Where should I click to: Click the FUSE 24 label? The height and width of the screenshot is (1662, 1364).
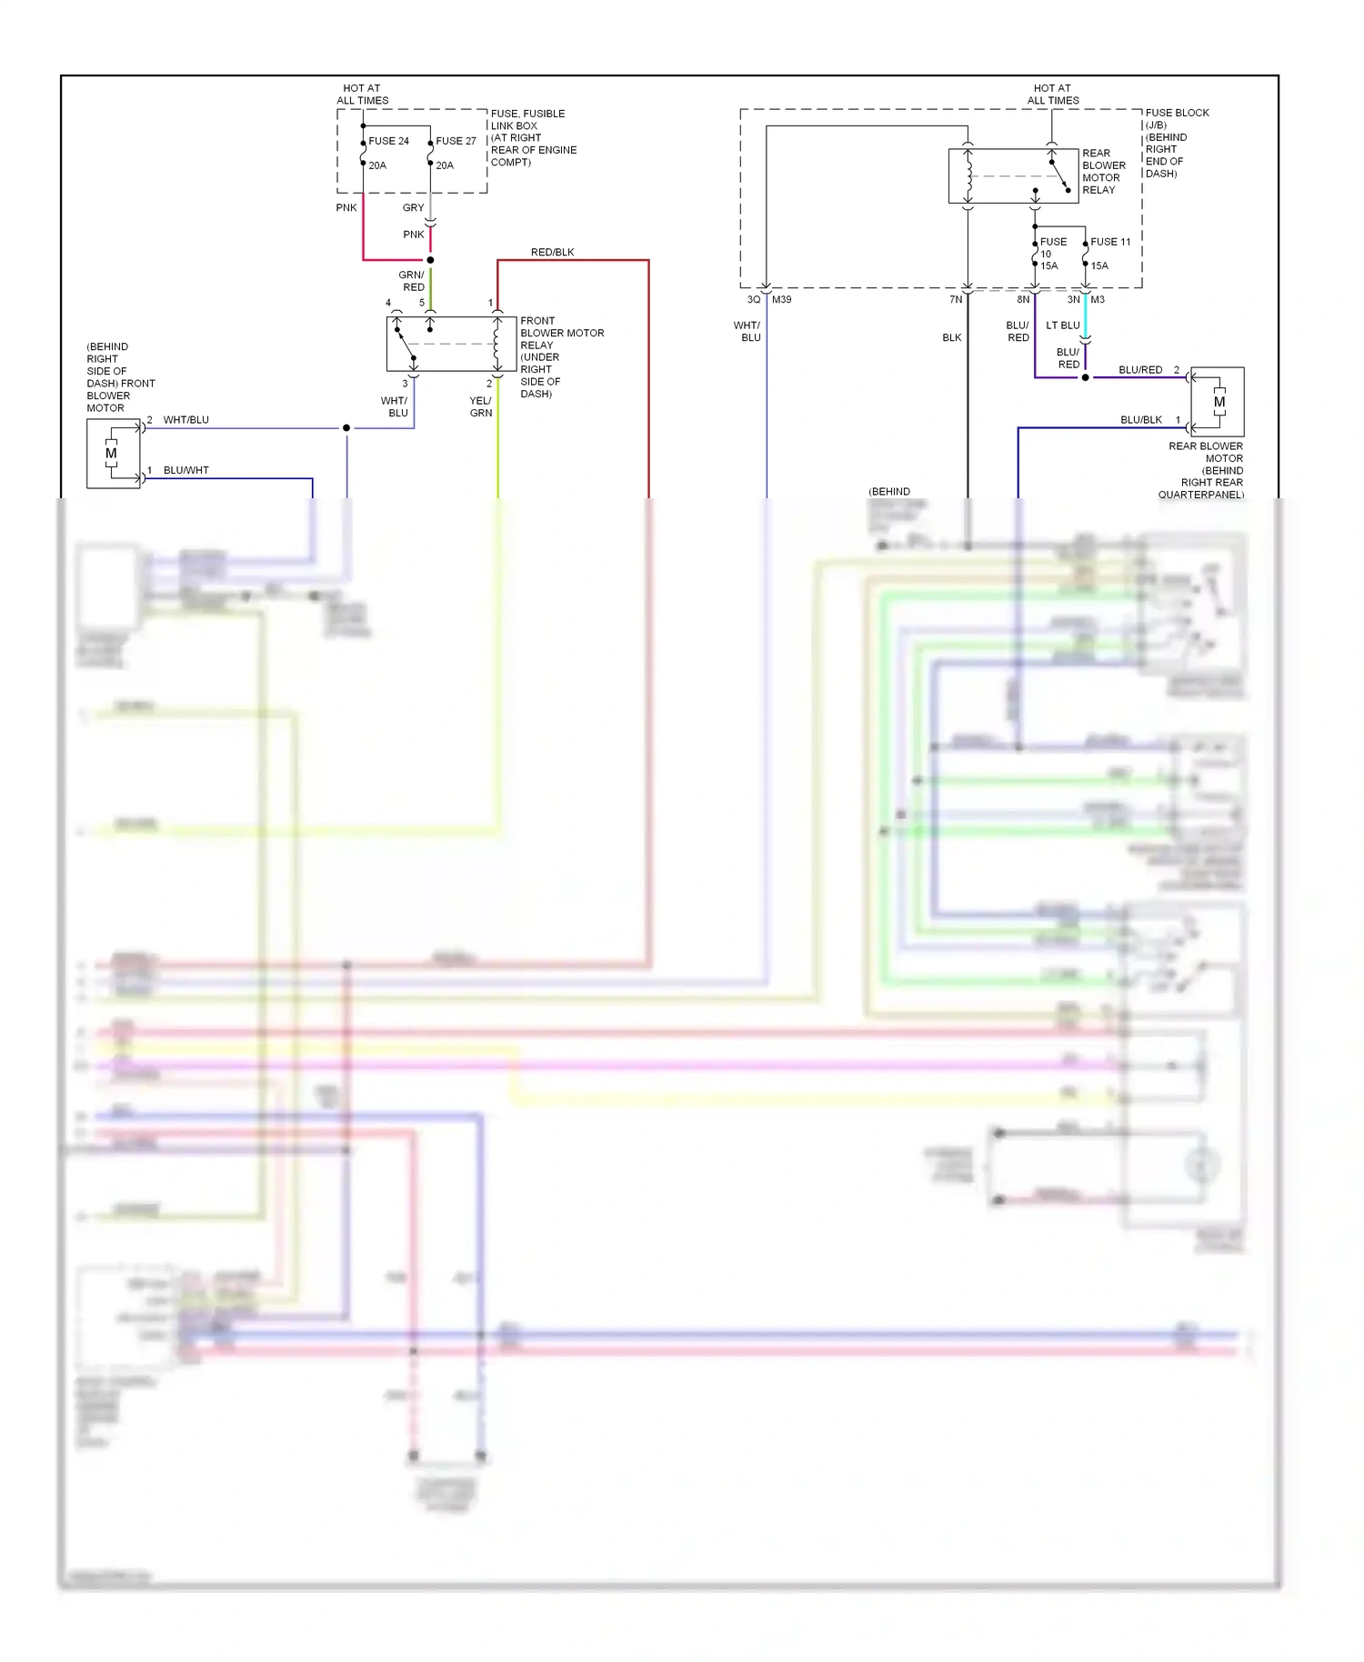click(x=388, y=141)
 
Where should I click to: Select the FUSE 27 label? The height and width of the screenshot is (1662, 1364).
click(x=456, y=141)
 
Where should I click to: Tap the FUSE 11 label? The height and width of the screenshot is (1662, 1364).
click(x=1110, y=242)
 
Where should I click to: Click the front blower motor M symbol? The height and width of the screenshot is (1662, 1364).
click(x=111, y=453)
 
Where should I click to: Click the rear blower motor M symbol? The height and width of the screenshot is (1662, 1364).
click(x=1219, y=402)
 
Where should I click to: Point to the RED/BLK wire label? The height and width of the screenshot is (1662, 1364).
click(x=552, y=252)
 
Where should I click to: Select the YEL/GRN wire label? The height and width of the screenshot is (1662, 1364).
click(x=480, y=406)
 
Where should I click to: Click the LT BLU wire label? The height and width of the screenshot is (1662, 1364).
click(x=1062, y=325)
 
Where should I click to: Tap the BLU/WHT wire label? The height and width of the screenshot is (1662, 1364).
click(x=186, y=470)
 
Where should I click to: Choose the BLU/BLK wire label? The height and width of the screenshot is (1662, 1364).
click(x=1140, y=420)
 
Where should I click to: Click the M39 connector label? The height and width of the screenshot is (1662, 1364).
click(x=781, y=299)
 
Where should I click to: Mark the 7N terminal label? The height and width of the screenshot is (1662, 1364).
click(x=955, y=299)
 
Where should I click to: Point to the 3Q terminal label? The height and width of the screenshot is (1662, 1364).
click(x=753, y=299)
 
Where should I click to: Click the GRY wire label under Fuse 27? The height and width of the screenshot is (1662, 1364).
click(x=413, y=207)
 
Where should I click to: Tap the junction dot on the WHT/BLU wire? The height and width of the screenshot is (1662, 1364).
click(x=346, y=427)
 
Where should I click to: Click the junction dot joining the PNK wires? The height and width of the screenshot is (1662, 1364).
click(x=430, y=260)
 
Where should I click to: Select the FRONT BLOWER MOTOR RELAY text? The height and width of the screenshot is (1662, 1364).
click(x=561, y=333)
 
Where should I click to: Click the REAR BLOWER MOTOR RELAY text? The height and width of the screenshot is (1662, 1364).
click(x=1103, y=171)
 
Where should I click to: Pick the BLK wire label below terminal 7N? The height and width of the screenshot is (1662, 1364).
click(x=951, y=337)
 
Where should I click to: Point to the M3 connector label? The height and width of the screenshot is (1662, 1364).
click(x=1098, y=299)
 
